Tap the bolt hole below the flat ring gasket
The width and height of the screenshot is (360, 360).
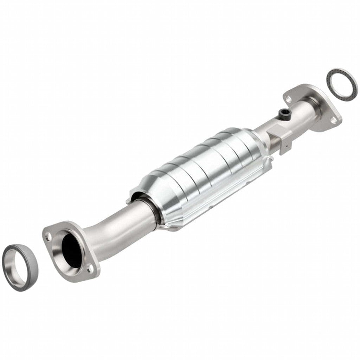[332, 120]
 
